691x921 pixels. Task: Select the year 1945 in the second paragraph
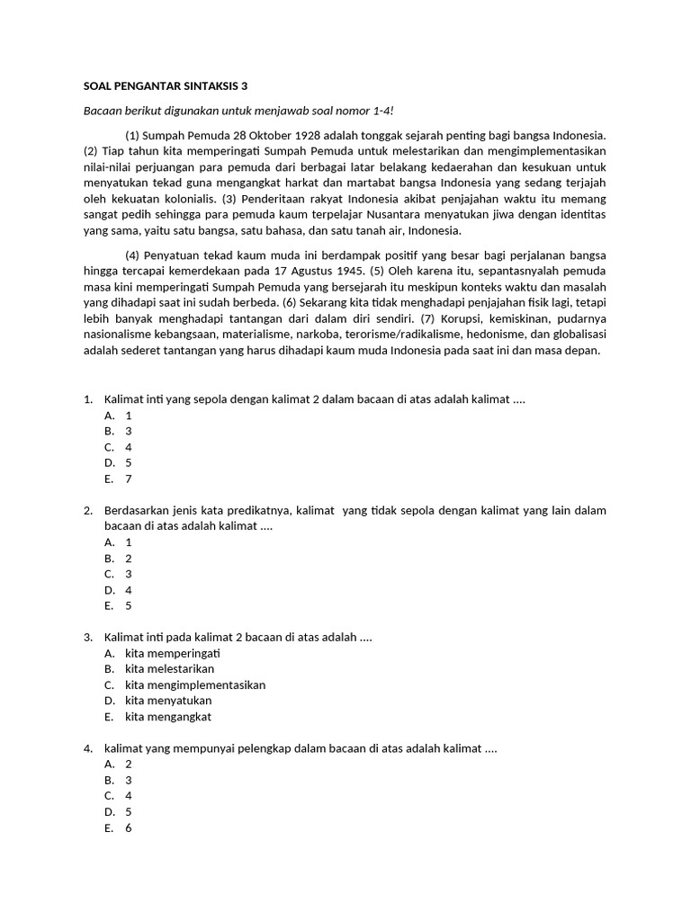[x=345, y=270]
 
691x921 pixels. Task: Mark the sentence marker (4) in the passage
[x=133, y=255]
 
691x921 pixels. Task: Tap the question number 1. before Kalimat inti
[x=88, y=398]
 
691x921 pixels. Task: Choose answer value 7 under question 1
[x=129, y=478]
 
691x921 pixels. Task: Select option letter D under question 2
[x=109, y=590]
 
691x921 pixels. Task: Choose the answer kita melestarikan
[x=170, y=669]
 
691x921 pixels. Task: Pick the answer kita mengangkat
[x=168, y=717]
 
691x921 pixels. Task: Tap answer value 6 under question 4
[x=129, y=828]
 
